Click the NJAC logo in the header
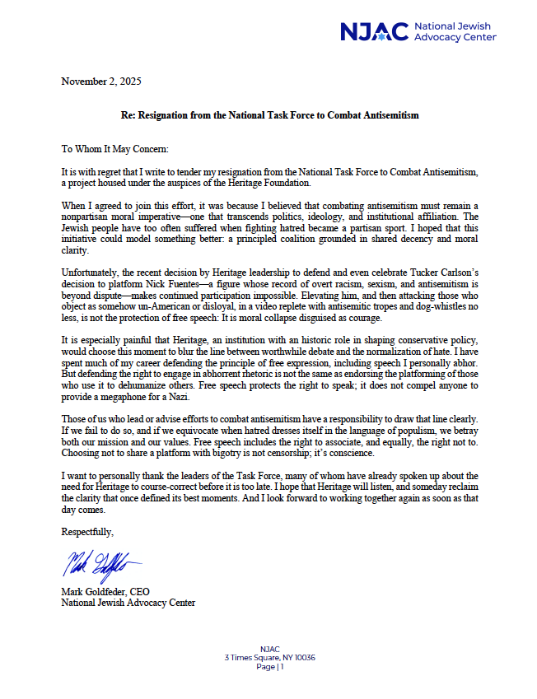375,31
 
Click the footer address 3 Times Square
269,657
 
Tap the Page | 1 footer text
269,666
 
